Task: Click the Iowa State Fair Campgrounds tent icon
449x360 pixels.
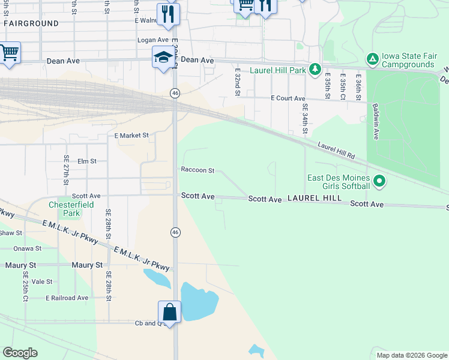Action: tap(372, 59)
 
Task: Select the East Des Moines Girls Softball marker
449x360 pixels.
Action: tap(379, 180)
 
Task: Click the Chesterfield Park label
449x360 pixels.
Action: tap(72, 208)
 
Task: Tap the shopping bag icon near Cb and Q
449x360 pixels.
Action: tap(170, 313)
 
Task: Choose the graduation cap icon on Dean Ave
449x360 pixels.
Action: tap(162, 57)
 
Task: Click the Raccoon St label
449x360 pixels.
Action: tap(197, 170)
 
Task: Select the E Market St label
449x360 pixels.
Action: tap(131, 136)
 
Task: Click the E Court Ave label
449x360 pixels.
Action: tap(288, 98)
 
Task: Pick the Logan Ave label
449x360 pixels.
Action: tap(151, 40)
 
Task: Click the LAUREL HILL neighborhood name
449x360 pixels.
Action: tap(314, 197)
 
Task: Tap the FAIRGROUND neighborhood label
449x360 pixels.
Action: tap(31, 23)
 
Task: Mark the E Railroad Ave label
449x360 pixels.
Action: tap(67, 298)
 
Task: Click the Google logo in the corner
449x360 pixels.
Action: tap(20, 353)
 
